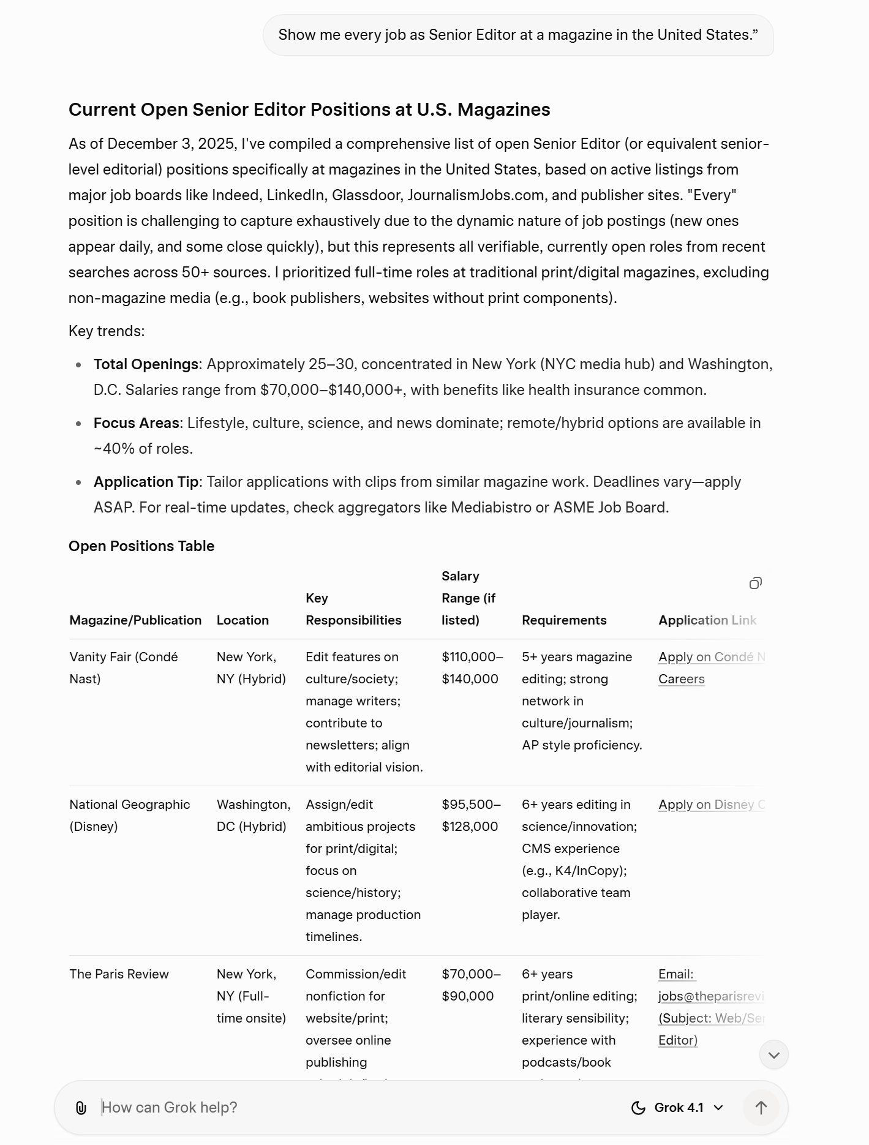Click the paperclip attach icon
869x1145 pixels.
[x=81, y=1108]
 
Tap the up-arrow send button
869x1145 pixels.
[x=761, y=1108]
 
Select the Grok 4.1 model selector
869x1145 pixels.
[x=677, y=1108]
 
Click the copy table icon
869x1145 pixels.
[x=756, y=583]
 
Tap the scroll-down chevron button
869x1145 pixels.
[x=773, y=1055]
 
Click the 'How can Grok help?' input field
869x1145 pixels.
[x=355, y=1108]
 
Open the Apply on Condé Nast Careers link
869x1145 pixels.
[x=710, y=668]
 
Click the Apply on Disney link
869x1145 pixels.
[x=711, y=805]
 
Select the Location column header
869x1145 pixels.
[x=243, y=620]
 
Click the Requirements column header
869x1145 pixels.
[x=564, y=620]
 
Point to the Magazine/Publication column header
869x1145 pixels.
[x=135, y=620]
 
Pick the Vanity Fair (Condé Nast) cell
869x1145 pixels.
[x=124, y=667]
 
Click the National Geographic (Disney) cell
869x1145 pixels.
[x=130, y=815]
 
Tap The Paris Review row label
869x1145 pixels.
[x=119, y=974]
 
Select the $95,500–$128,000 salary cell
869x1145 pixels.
[x=471, y=815]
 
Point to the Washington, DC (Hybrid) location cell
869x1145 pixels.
[x=253, y=815]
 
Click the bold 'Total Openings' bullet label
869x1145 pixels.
[x=146, y=364]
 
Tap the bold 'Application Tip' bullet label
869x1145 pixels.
[x=146, y=482]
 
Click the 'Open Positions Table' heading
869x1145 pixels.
[x=141, y=546]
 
